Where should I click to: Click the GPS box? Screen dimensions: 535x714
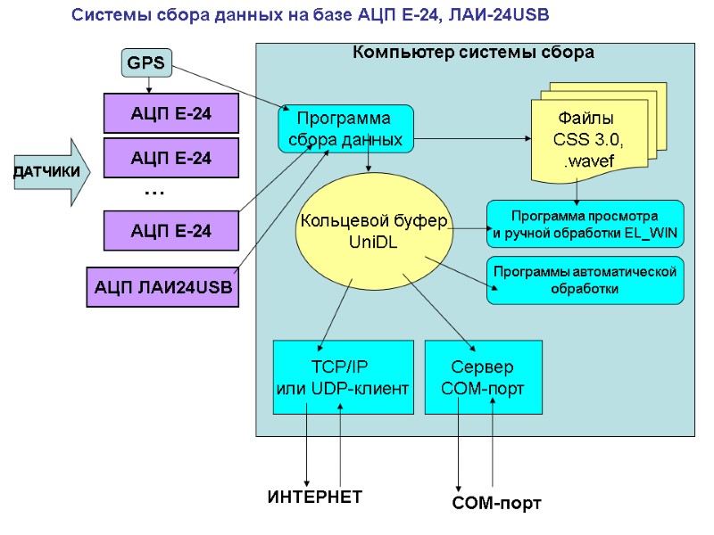(x=146, y=62)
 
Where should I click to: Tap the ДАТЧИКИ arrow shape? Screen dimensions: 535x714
(x=52, y=170)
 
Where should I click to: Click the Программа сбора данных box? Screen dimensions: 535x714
(x=345, y=128)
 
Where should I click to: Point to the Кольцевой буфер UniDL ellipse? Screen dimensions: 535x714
(x=373, y=231)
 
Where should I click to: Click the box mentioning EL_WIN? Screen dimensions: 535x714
(x=585, y=225)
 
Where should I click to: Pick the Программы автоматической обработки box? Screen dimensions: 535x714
(x=585, y=280)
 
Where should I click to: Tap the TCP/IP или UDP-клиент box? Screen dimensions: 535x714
(x=344, y=377)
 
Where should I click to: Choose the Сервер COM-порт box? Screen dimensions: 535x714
(x=483, y=377)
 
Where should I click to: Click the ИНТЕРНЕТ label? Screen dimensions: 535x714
(x=315, y=497)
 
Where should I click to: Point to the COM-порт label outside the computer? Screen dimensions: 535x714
(x=498, y=504)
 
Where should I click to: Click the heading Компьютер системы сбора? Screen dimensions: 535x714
(x=473, y=53)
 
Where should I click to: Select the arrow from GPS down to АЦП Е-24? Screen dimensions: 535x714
(x=147, y=85)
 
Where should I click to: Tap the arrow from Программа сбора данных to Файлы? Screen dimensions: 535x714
(x=473, y=138)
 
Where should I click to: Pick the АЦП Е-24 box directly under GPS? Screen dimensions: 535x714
(x=171, y=113)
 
